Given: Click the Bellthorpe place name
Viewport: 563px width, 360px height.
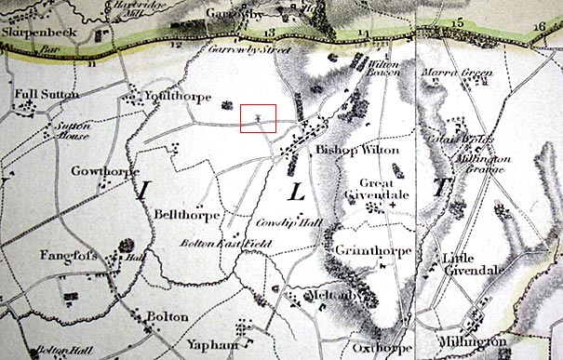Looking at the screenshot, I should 189,215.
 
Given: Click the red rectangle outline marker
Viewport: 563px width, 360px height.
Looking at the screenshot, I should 258,118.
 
